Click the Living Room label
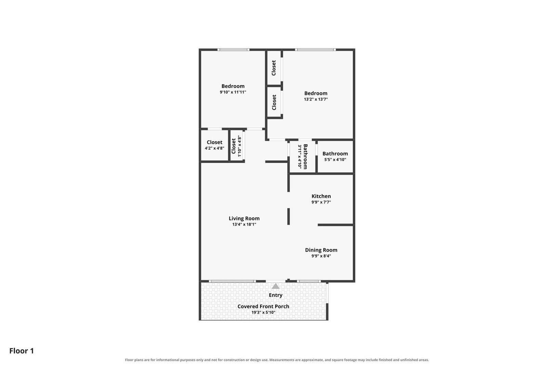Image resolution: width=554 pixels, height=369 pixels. coord(244,218)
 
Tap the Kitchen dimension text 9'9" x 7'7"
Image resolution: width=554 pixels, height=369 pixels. coord(321,202)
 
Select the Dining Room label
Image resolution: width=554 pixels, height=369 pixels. coord(321,250)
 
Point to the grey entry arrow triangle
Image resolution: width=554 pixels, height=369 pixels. coord(276,286)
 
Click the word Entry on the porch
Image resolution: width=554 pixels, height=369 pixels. coord(276,295)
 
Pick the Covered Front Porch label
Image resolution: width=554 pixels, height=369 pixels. coord(263,306)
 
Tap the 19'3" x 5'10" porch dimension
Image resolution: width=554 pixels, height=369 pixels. coord(263,312)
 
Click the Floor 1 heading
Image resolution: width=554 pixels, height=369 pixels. coord(22,351)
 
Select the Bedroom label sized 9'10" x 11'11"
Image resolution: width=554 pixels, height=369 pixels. coord(233,86)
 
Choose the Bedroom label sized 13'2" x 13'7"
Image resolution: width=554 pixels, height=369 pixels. coord(316,93)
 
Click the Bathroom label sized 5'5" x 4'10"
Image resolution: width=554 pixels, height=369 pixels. coord(335,153)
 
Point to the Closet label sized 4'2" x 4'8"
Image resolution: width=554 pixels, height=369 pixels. coord(214,142)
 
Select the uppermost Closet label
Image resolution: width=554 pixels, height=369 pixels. coord(274,68)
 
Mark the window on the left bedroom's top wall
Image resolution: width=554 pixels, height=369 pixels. coord(233,50)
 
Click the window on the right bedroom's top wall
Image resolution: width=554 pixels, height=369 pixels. coord(315,50)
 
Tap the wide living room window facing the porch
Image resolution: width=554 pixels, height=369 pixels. coord(232,281)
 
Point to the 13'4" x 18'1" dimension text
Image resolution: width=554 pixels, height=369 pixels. coord(244,224)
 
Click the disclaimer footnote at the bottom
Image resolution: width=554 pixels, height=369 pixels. coord(277,360)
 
